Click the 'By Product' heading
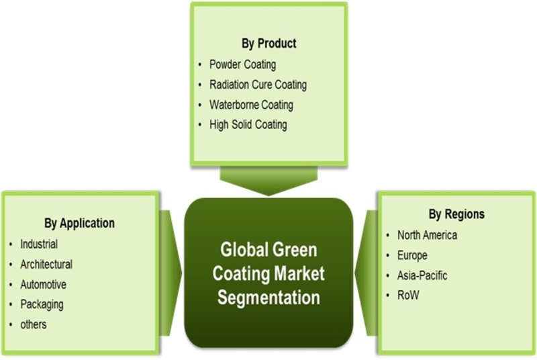[269, 44]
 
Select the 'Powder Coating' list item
[242, 64]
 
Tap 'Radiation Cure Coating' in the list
[258, 85]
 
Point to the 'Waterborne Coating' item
[251, 105]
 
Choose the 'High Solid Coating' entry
[248, 125]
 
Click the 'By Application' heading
[79, 224]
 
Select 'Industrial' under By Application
[39, 244]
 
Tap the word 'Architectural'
[46, 265]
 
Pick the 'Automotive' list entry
[43, 285]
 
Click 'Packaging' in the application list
[42, 304]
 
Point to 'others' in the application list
[33, 324]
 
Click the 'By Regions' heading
[456, 214]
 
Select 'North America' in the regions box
[427, 235]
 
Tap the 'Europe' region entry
[412, 255]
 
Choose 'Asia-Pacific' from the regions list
[422, 275]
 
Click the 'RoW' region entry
[408, 296]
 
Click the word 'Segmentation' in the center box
[268, 298]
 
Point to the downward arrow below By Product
[268, 181]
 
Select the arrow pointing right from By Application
[170, 273]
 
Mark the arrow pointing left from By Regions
[366, 273]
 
